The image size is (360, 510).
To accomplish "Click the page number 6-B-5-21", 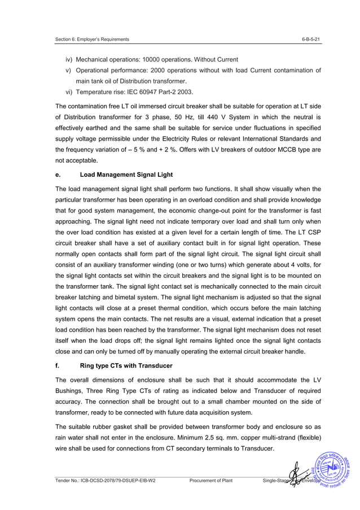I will (311, 39).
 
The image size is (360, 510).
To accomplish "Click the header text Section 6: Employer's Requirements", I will (93, 39).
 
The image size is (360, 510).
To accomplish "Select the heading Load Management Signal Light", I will (126, 174).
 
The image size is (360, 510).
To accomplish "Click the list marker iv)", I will (69, 59).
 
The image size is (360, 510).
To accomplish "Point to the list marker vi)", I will (69, 91).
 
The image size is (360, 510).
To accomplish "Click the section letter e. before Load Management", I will (58, 174).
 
